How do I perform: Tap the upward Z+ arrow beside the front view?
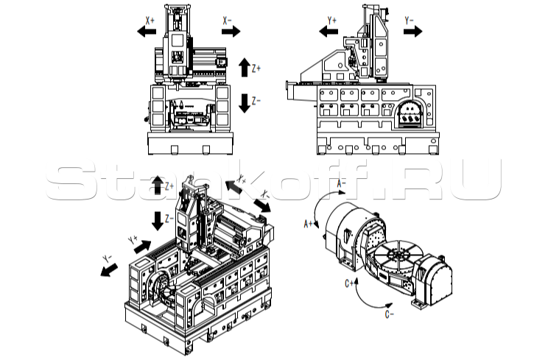click(x=245, y=68)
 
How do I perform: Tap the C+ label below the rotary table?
click(x=347, y=282)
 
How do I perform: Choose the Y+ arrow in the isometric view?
click(x=142, y=245)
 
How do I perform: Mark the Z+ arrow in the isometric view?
click(x=158, y=185)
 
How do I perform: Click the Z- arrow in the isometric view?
click(x=158, y=219)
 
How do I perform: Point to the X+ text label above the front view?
click(x=150, y=21)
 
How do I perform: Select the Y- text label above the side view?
click(x=409, y=21)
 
